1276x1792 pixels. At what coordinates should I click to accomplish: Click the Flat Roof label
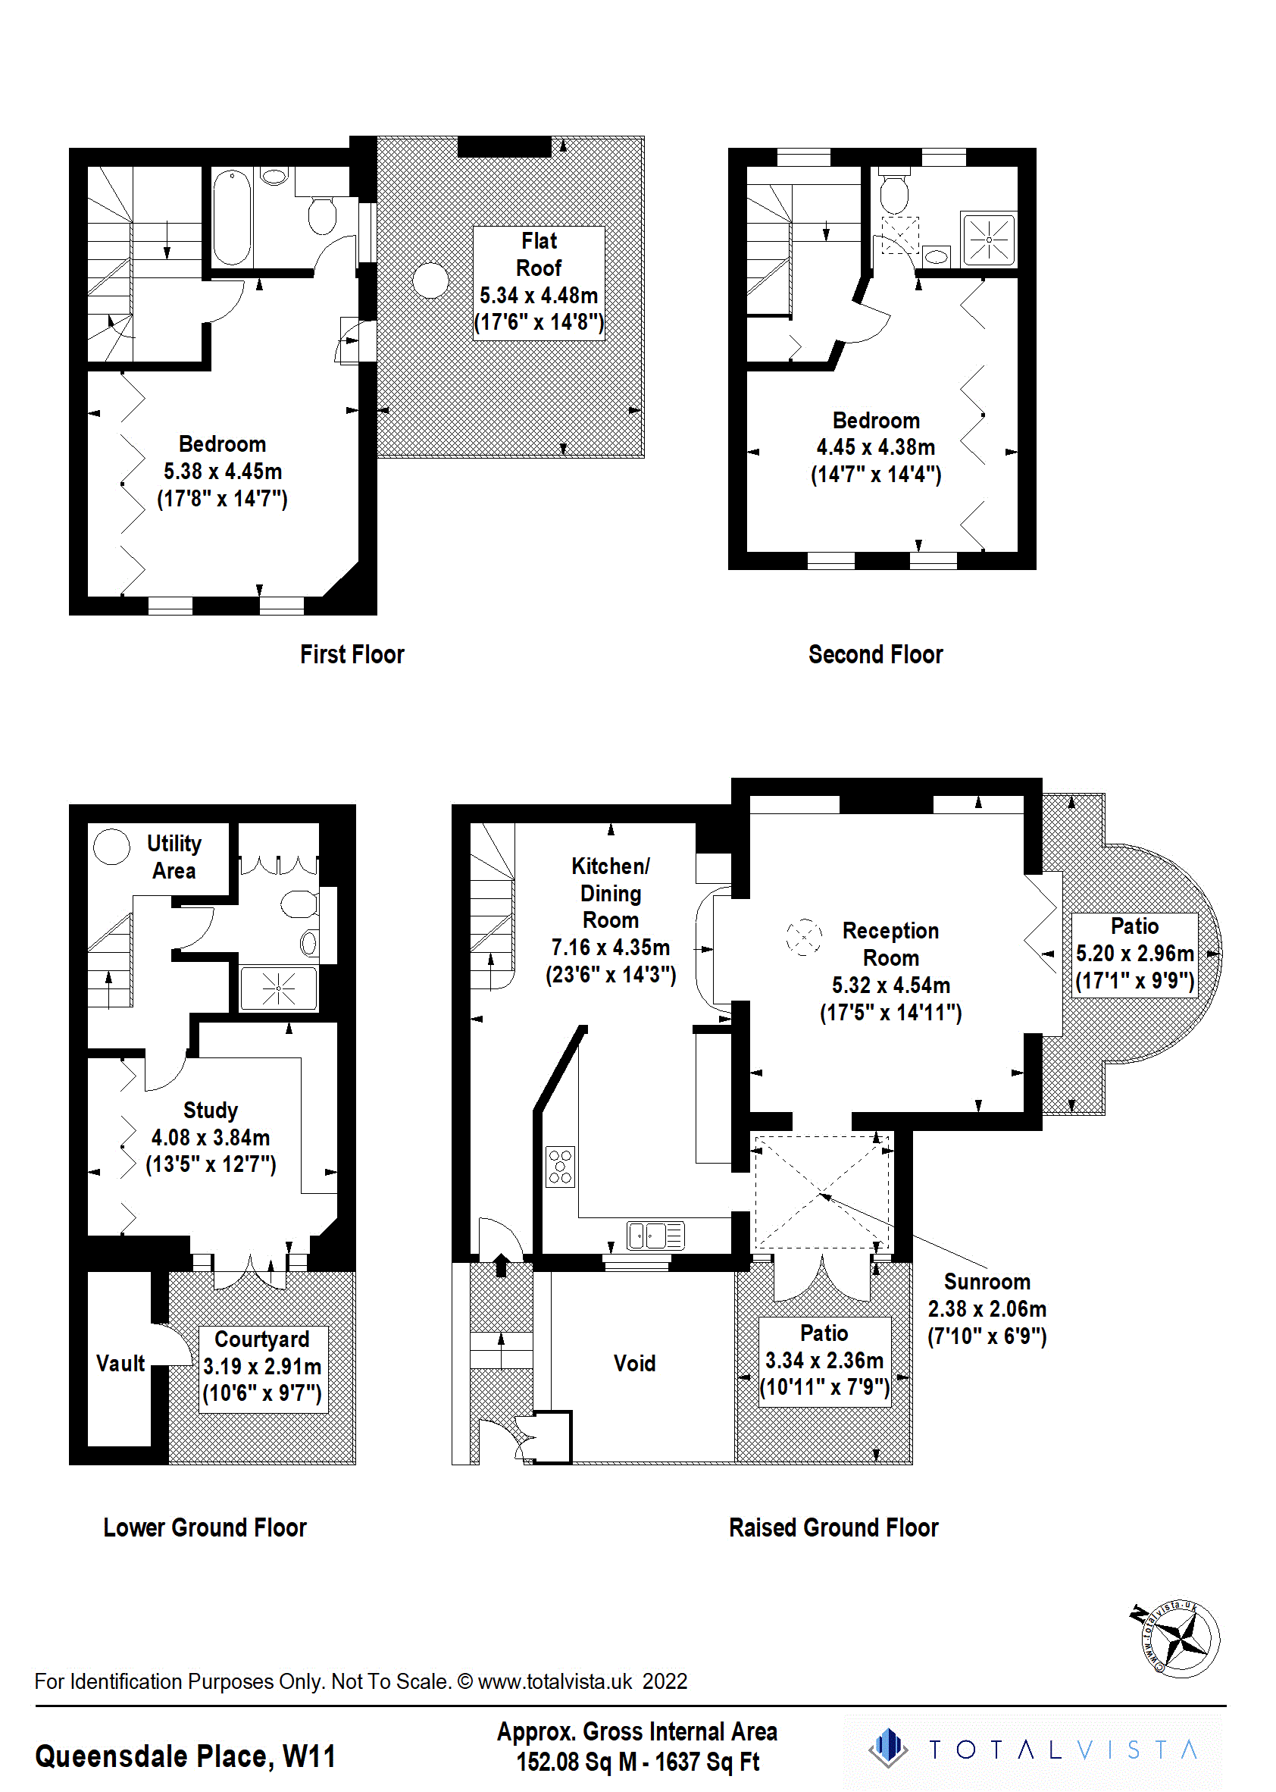538,255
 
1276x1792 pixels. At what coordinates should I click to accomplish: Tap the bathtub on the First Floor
232,218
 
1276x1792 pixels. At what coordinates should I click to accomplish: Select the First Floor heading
352,655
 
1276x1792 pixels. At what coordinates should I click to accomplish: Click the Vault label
120,1363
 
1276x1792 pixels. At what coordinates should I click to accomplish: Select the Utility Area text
174,857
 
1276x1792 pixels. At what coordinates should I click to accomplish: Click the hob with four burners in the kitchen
560,1167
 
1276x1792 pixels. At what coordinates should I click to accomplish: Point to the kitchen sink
655,1236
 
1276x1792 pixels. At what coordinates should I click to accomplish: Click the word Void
634,1363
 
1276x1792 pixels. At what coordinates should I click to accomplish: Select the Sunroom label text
987,1282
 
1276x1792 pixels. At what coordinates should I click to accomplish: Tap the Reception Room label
890,944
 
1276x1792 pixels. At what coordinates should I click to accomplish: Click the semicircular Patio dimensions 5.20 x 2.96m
1134,954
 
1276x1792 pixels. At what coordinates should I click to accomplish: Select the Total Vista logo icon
888,1748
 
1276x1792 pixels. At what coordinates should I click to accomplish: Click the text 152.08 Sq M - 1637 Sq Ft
637,1762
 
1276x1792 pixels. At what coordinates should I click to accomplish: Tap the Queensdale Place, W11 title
186,1756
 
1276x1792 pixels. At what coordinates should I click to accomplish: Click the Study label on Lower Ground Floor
210,1110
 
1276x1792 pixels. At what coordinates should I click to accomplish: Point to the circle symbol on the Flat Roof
430,280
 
